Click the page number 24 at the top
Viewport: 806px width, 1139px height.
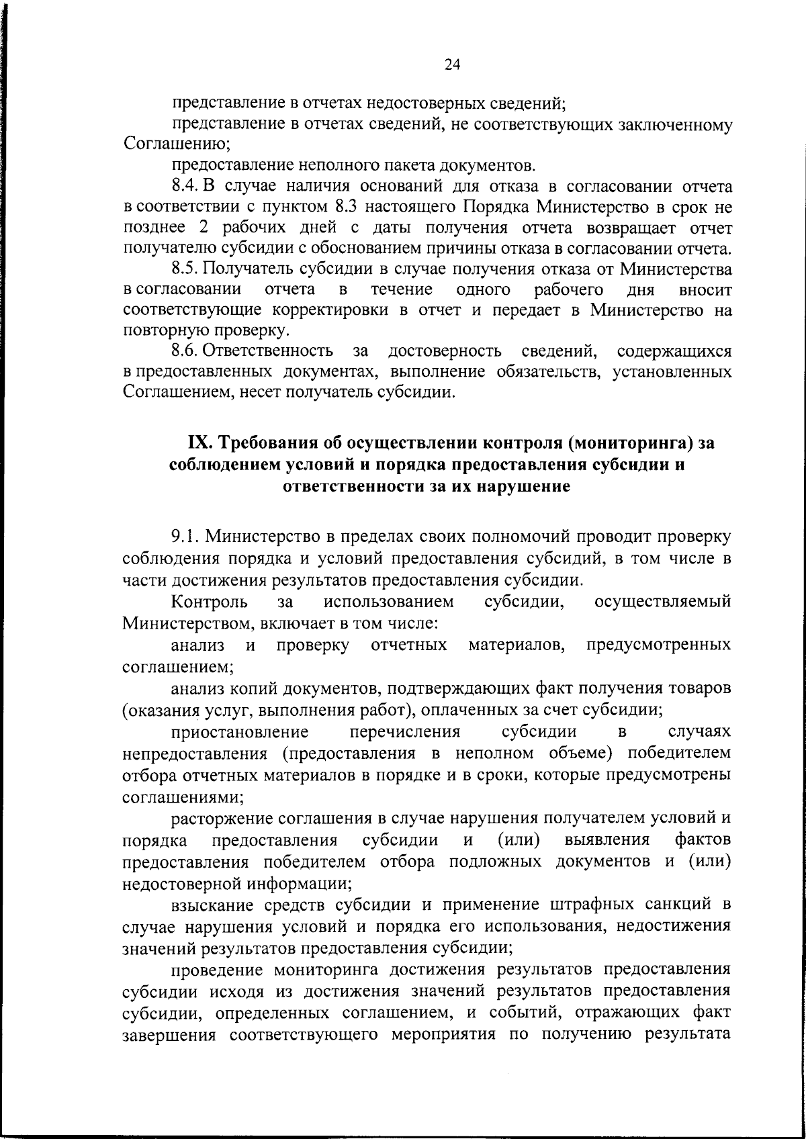(x=451, y=64)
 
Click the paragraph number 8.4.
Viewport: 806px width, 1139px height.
(x=185, y=185)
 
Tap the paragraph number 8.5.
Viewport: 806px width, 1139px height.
(x=185, y=269)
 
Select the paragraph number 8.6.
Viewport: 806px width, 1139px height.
(x=185, y=351)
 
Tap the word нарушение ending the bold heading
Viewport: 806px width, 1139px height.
(x=523, y=486)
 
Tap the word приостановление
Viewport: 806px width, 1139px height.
(x=240, y=731)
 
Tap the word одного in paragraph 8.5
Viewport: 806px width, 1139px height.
(x=483, y=289)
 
